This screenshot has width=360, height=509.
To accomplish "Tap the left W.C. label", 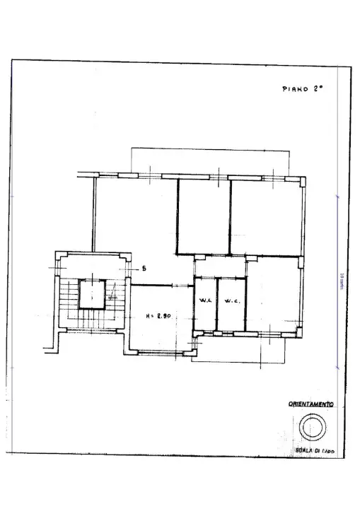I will [x=204, y=302].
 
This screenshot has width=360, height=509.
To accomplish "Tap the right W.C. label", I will [x=232, y=302].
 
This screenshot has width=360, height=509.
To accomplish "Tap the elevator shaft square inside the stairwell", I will [x=92, y=293].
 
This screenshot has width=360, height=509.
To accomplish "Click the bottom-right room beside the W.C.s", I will [x=272, y=297].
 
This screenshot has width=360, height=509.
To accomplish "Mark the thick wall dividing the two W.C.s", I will [x=216, y=304].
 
